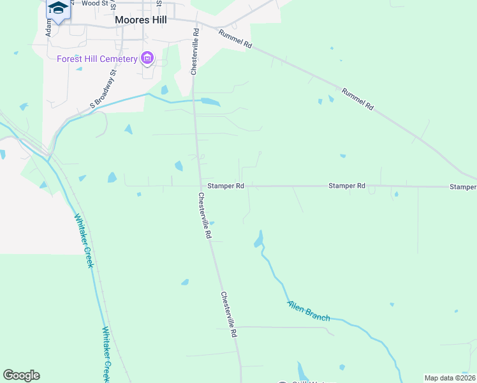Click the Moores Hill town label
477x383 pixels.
click(x=141, y=20)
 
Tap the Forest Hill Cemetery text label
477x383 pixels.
click(x=97, y=59)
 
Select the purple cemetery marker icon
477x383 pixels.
click(x=147, y=59)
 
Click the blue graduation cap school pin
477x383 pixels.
click(x=58, y=8)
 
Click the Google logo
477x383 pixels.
click(x=21, y=375)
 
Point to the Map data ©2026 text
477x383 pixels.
click(x=449, y=378)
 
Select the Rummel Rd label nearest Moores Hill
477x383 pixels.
click(x=236, y=40)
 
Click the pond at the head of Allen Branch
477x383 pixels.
click(x=258, y=239)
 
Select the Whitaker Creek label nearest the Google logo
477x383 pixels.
click(x=106, y=354)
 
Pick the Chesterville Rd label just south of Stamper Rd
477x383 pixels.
click(x=205, y=215)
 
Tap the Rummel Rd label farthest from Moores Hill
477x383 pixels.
click(x=357, y=100)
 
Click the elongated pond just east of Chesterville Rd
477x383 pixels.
click(x=209, y=101)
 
